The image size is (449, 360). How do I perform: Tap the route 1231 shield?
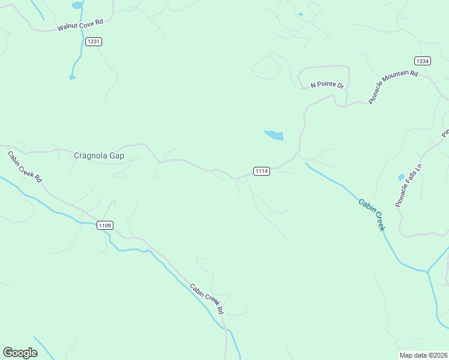pos(94,41)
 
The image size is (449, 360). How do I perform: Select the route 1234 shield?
pos(423,61)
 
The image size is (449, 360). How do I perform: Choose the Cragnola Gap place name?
pos(99,155)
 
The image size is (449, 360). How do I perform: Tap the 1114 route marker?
pos(261,172)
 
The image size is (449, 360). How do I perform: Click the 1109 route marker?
pos(104,226)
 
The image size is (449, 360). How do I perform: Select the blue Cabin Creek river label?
pos(372,215)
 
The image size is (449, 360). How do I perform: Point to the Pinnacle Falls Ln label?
pos(409,185)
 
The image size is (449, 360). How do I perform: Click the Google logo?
pos(20,352)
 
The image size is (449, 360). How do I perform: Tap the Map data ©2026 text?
pos(423,355)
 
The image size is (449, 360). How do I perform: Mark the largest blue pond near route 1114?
pos(274,135)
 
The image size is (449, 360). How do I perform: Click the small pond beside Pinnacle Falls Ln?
pos(401,178)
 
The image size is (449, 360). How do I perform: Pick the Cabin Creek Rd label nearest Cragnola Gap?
pos(25,166)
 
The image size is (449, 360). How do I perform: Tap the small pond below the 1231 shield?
pos(73,77)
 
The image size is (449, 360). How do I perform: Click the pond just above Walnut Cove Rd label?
pos(77,6)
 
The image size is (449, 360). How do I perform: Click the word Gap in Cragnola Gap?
pos(117,155)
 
